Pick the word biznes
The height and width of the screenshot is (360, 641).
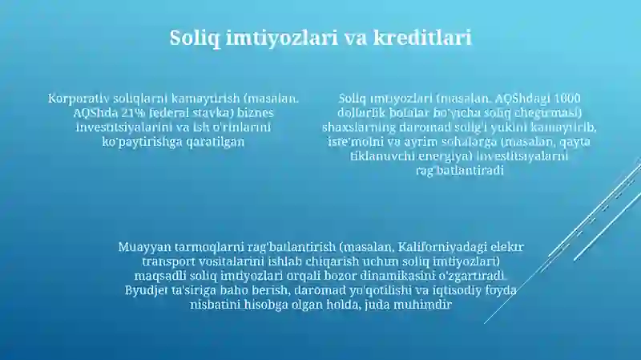point(254,113)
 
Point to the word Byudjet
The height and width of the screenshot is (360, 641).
point(147,291)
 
